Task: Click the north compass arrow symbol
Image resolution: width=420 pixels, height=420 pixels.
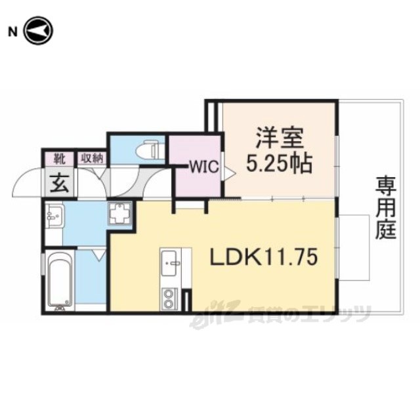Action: (39, 31)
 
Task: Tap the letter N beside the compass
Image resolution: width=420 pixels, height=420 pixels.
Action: (12, 32)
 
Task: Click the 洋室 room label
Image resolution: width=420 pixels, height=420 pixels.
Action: (280, 138)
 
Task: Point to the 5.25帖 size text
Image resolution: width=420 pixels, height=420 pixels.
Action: (279, 163)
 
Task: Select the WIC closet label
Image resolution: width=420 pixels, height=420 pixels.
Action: (205, 167)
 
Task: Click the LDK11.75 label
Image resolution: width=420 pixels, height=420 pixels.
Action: (264, 257)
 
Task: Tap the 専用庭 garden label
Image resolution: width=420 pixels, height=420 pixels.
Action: (385, 207)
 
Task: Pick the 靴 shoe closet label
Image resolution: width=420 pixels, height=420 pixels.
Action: (60, 159)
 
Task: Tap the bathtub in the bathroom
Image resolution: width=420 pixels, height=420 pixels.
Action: (60, 281)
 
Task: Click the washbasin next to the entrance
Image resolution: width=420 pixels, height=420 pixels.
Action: (54, 216)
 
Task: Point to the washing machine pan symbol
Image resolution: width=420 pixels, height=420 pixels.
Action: (119, 213)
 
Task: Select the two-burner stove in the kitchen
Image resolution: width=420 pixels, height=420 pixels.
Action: (169, 299)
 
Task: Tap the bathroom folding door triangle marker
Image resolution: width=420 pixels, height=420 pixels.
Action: (100, 255)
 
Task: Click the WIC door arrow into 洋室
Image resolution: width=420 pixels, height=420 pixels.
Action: (230, 173)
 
